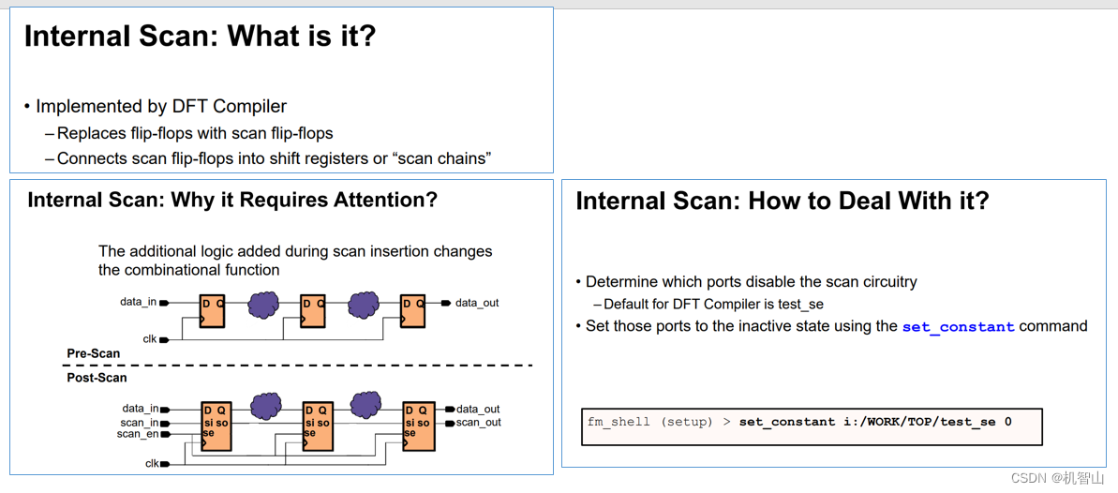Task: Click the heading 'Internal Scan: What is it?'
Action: click(x=200, y=37)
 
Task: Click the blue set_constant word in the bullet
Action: click(x=958, y=327)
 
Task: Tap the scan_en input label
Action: click(x=137, y=434)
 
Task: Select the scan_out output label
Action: click(x=478, y=423)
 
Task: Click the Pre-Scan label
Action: click(x=94, y=353)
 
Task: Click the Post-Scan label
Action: click(x=97, y=378)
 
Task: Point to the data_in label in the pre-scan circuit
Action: click(x=138, y=302)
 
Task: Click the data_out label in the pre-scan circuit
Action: click(x=476, y=303)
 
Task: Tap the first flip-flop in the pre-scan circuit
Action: click(x=213, y=311)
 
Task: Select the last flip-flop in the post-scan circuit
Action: click(x=419, y=426)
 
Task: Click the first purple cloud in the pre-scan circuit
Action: click(x=263, y=305)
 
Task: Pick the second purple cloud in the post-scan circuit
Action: click(x=365, y=405)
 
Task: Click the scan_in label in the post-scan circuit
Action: click(x=139, y=423)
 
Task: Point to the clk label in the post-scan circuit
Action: click(x=151, y=463)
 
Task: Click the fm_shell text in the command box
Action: click(x=619, y=422)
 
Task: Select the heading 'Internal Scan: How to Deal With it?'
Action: click(x=782, y=201)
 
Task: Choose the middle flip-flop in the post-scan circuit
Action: click(x=319, y=426)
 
